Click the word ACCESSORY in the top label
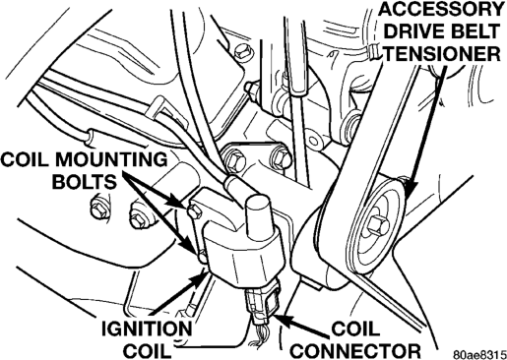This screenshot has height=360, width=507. [441, 9]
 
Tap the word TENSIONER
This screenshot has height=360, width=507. [442, 53]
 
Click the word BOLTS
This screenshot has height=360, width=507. [85, 182]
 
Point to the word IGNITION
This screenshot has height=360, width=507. [147, 329]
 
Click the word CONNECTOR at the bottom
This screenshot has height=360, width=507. [355, 350]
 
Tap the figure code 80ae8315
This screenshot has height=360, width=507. [479, 355]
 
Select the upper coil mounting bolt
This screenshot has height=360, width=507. [194, 211]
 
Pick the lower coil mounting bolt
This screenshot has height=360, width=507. [203, 256]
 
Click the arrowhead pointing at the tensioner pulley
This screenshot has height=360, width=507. [411, 189]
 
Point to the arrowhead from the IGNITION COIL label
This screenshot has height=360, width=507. [200, 278]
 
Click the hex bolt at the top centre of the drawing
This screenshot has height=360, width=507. [244, 52]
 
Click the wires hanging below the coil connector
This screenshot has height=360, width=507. [259, 334]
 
